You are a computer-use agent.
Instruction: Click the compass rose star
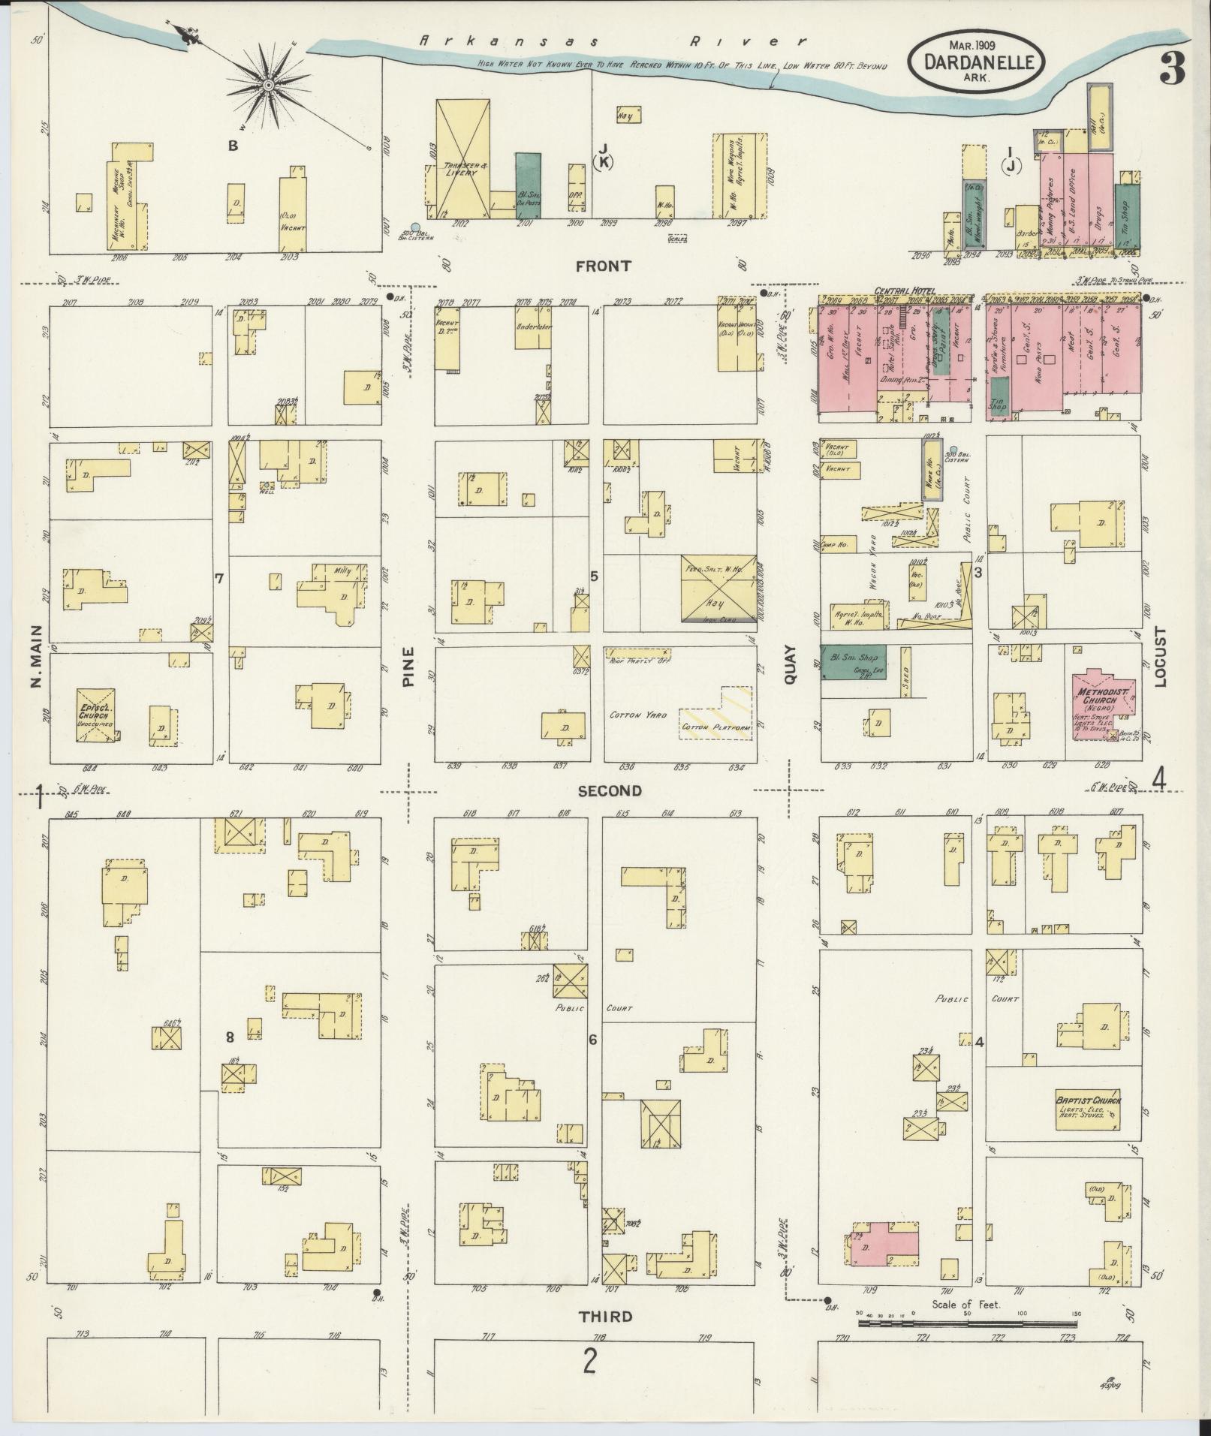coord(267,87)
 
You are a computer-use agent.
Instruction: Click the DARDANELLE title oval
coord(975,60)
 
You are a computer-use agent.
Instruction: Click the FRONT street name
coord(603,266)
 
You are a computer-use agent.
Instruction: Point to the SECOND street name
coord(609,790)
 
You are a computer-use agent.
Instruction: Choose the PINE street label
coord(408,667)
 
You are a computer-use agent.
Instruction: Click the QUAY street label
coord(790,666)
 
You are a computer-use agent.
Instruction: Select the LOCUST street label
coord(1161,657)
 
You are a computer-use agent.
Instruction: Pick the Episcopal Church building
coord(95,714)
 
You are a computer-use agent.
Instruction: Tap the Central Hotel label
coord(902,290)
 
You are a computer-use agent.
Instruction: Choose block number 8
coord(230,1037)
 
